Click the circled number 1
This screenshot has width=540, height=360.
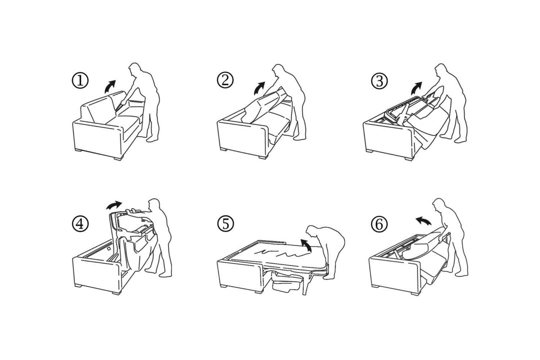(80, 80)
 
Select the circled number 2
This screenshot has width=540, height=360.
(225, 80)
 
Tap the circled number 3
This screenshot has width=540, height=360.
(379, 80)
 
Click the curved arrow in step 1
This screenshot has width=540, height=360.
(109, 86)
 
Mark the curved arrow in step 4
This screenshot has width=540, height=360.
(113, 205)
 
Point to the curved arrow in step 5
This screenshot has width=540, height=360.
(306, 245)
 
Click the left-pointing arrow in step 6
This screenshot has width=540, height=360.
(423, 220)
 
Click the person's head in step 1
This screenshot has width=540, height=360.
(134, 70)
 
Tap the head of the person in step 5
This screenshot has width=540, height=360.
(312, 232)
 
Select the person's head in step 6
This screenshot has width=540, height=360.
(439, 205)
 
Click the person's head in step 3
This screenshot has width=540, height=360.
(441, 70)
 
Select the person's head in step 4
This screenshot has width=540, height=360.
(153, 205)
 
